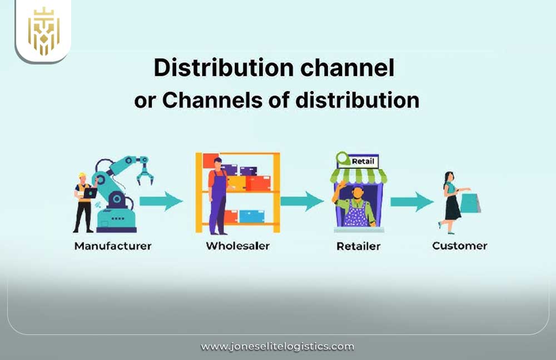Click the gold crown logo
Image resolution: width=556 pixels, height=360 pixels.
pos(43,31)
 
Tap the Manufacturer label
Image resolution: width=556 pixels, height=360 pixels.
pos(113,245)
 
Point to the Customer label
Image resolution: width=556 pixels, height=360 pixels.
pos(460,245)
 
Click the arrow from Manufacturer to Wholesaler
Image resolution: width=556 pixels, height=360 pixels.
pos(161,201)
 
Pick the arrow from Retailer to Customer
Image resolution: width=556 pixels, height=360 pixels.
pos(412,201)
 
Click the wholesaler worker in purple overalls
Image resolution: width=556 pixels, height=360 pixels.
pos(217,194)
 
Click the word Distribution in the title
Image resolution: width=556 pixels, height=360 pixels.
pos(215,68)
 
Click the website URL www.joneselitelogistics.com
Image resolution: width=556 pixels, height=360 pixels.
pos(277,347)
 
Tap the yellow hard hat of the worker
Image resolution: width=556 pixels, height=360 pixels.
pos(82,176)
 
